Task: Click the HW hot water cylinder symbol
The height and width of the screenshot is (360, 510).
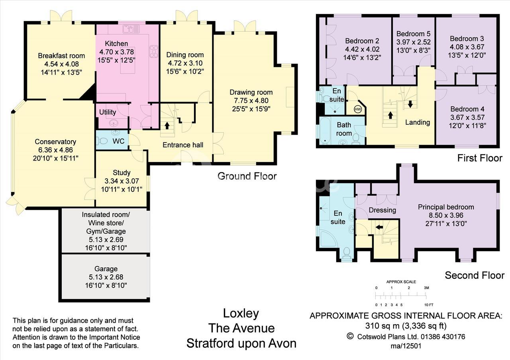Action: point(358,110)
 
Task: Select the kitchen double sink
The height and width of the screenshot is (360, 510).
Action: point(131,29)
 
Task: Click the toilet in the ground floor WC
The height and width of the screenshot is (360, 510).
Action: point(102,141)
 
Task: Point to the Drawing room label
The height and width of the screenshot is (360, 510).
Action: point(251,92)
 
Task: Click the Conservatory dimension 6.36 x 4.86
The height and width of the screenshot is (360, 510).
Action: point(55,150)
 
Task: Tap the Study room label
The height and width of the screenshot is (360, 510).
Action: point(122,173)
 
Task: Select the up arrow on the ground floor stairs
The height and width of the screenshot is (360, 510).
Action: point(167,125)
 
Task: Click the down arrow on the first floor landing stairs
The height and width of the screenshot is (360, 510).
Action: point(410,104)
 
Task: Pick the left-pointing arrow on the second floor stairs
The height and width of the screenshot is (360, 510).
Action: point(379,227)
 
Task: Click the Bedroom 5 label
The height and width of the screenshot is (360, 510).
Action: point(413,34)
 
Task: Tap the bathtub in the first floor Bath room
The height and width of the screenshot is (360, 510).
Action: point(325,131)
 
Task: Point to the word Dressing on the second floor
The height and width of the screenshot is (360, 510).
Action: point(382,210)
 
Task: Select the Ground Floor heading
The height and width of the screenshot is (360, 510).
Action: point(247,176)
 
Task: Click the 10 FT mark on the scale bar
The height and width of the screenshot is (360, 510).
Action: point(429,305)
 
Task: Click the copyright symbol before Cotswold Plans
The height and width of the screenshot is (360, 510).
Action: point(350,337)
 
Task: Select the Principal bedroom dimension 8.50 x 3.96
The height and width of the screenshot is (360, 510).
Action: point(446,215)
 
